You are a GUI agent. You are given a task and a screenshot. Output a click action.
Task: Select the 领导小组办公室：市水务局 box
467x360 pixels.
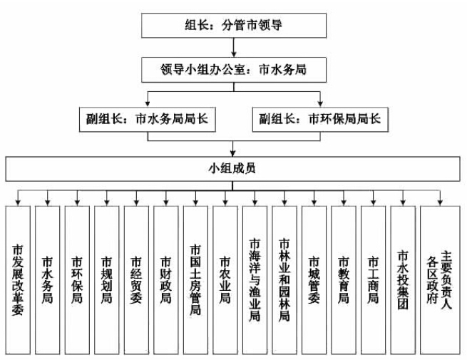click(x=234, y=71)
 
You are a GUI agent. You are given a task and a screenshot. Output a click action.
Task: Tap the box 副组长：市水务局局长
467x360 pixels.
click(x=147, y=118)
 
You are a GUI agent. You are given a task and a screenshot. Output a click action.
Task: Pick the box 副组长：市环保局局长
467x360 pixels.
click(x=320, y=118)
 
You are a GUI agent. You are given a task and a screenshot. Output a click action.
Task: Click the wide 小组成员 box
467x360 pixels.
click(x=234, y=170)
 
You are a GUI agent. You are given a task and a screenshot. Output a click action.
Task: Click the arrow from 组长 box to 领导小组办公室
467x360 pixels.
click(x=234, y=49)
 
